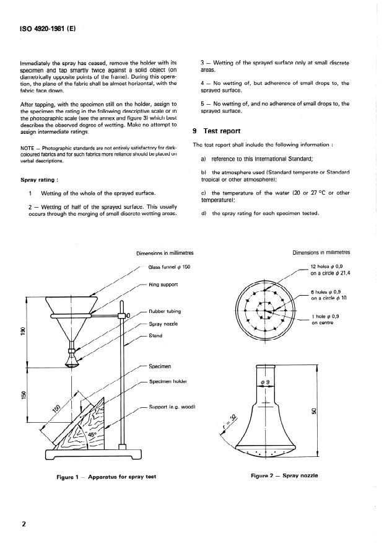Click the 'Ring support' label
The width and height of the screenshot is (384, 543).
[163, 285]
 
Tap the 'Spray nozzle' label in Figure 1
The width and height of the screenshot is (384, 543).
[164, 324]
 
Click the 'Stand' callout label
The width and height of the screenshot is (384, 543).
[155, 336]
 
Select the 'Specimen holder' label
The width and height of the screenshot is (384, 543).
[168, 381]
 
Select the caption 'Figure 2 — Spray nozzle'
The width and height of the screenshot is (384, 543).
[284, 475]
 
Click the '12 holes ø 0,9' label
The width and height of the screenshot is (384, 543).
[329, 266]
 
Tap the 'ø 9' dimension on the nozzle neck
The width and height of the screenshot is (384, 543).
[264, 382]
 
